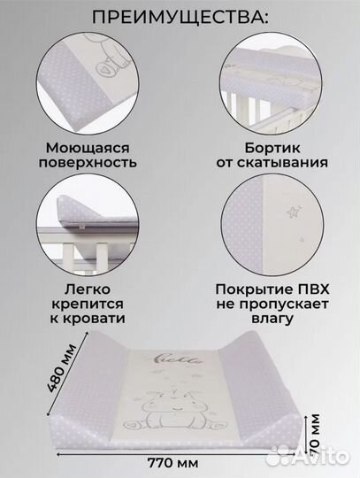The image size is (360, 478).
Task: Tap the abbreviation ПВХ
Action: [304, 289]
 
